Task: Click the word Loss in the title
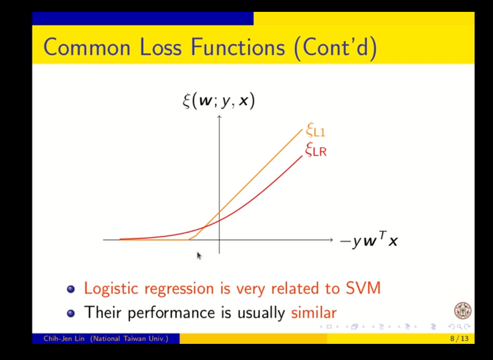tap(160, 47)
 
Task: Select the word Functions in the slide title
tap(238, 47)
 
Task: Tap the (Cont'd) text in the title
tap(335, 48)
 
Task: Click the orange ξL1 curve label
tap(316, 129)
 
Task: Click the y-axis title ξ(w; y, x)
tap(219, 101)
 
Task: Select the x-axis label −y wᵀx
tap(369, 241)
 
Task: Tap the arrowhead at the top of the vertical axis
tap(219, 117)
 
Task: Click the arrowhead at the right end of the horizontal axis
tap(331, 240)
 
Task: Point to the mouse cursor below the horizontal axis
tap(199, 256)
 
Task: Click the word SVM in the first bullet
tap(363, 287)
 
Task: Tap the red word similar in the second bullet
tap(314, 312)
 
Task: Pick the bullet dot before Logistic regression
tap(71, 289)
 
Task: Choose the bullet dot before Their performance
tap(71, 313)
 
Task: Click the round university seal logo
tap(463, 310)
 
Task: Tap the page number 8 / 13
tap(459, 339)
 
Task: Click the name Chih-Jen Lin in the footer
tap(64, 339)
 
